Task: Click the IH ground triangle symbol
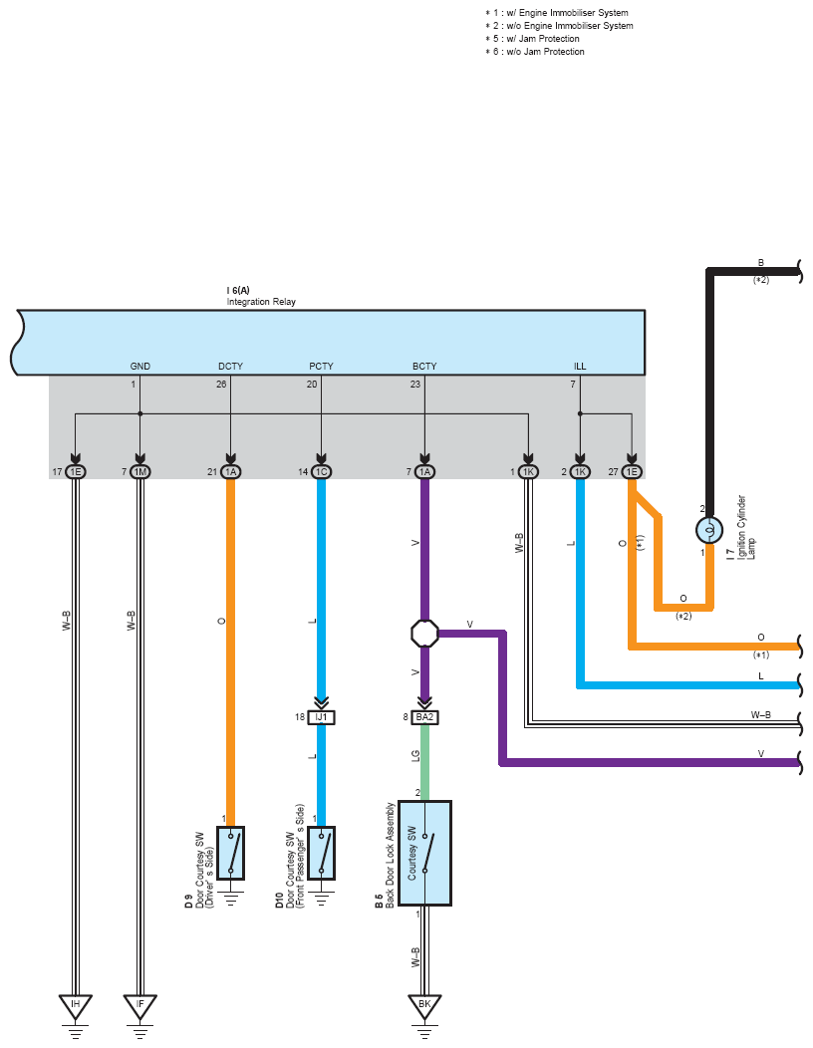75,1006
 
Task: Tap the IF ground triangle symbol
139,1006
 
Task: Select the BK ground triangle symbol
424,1006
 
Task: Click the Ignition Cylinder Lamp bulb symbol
709,530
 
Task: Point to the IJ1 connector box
321,717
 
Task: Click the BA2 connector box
424,717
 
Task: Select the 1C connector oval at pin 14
321,472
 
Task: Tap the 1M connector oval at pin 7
139,472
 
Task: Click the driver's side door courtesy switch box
231,853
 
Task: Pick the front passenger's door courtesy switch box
321,853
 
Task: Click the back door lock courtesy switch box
424,853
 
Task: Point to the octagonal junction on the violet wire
424,633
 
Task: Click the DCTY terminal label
231,367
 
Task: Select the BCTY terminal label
424,367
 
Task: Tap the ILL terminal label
580,367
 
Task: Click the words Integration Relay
261,302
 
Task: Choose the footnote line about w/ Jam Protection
532,39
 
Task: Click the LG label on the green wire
415,756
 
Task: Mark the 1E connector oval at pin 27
632,472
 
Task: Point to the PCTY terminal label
321,367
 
